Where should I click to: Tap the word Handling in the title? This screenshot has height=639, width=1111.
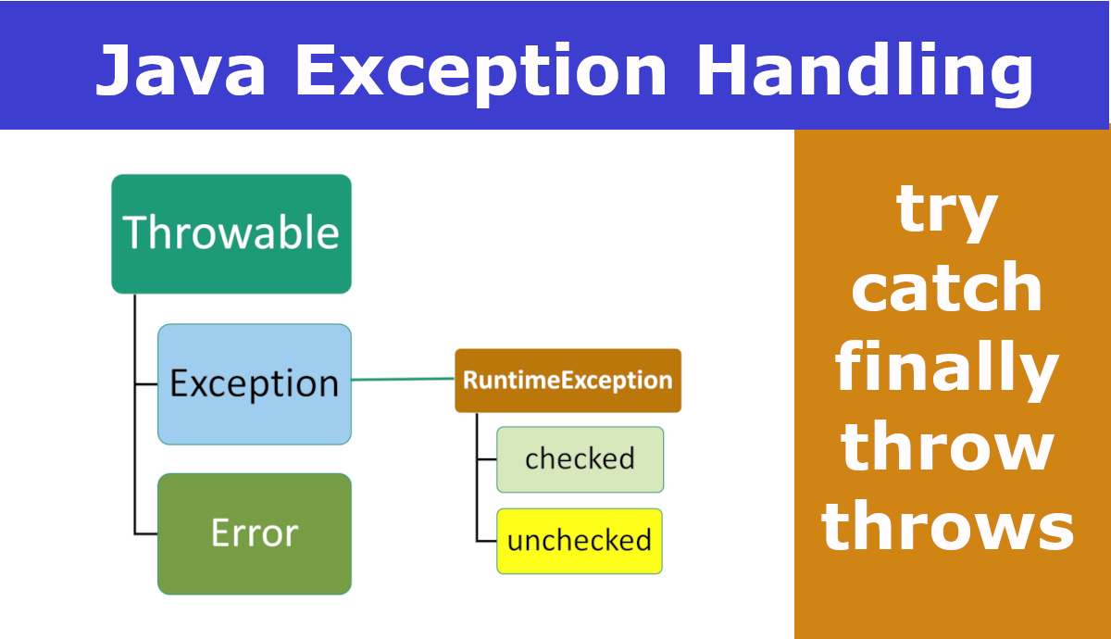865,70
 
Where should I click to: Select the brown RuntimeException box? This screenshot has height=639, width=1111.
568,380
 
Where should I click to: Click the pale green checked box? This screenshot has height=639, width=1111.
580,459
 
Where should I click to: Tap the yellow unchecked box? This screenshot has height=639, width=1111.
580,541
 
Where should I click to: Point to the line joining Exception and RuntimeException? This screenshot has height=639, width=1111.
403,379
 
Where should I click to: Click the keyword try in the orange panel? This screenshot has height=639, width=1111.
946,210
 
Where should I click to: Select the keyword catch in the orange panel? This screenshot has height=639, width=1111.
946,289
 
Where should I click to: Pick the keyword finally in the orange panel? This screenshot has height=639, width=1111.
946,369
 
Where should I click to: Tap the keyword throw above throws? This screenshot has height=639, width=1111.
946,448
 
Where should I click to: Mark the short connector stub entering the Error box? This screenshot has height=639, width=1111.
146,534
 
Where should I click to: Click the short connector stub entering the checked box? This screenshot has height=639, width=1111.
487,459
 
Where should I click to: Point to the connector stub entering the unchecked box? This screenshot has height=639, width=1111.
487,541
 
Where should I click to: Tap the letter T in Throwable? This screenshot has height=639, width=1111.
136,232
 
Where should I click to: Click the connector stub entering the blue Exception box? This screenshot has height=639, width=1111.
146,383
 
